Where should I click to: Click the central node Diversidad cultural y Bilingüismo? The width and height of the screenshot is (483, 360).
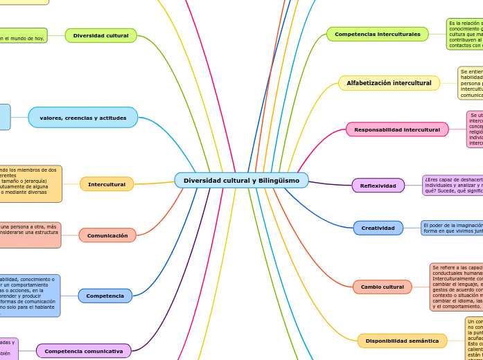[241, 181]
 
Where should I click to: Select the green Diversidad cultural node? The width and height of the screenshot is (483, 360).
[101, 35]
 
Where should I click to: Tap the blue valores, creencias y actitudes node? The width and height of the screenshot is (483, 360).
[83, 118]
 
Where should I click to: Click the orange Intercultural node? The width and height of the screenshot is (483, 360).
[107, 184]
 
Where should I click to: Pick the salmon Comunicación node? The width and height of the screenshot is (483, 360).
[107, 235]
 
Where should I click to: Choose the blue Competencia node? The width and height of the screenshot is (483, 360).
[105, 296]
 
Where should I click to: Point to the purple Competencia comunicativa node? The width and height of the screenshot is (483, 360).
[84, 351]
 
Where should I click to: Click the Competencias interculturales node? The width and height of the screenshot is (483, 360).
[377, 34]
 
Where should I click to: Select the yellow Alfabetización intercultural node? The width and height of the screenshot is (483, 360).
[389, 83]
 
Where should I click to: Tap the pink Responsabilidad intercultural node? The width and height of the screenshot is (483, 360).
[397, 129]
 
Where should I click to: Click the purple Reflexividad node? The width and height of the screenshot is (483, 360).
[378, 186]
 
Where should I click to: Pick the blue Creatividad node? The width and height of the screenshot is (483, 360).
[378, 228]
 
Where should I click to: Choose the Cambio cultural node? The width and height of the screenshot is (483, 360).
[382, 287]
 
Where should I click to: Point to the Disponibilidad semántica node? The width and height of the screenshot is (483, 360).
[402, 341]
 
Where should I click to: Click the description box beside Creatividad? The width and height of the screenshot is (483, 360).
[452, 228]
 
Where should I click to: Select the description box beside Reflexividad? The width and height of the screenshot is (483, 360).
[453, 185]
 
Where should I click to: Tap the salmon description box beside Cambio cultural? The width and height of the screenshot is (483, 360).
[457, 287]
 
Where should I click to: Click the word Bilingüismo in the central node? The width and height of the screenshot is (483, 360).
[277, 181]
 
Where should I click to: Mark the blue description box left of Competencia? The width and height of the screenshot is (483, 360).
[29, 296]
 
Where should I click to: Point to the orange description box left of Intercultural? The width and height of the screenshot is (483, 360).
[30, 183]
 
